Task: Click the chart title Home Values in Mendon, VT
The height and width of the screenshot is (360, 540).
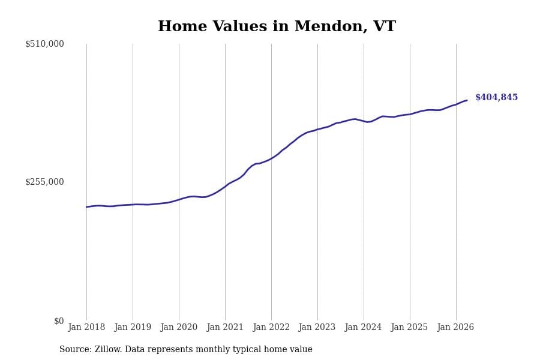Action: pos(277,26)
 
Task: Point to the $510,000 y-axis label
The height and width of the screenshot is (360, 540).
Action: pos(44,44)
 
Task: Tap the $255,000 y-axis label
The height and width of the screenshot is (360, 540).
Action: pos(44,182)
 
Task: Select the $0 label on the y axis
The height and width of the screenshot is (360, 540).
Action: pos(59,321)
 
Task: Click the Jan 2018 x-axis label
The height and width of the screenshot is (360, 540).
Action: pos(86,327)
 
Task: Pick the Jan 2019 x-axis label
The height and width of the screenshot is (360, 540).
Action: pos(133,327)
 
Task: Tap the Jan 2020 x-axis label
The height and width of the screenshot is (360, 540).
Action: pos(179,327)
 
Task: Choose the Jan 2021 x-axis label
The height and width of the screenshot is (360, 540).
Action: pos(225,327)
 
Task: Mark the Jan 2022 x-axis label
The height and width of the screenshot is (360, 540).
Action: pos(271,327)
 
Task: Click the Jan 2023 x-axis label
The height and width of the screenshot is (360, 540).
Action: pos(317,327)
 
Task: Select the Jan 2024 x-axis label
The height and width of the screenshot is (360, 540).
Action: pos(364,327)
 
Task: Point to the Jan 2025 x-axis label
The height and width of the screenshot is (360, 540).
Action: pos(409,327)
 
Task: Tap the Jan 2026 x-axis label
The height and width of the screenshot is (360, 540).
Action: pos(455,327)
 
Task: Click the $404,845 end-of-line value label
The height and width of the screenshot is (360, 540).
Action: pos(496,97)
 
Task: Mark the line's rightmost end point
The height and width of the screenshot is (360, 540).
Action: pos(467,100)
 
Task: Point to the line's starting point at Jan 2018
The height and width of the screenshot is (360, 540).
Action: pos(86,207)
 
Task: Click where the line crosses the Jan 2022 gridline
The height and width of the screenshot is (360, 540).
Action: pos(271,158)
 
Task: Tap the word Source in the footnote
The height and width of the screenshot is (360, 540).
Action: pos(76,349)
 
